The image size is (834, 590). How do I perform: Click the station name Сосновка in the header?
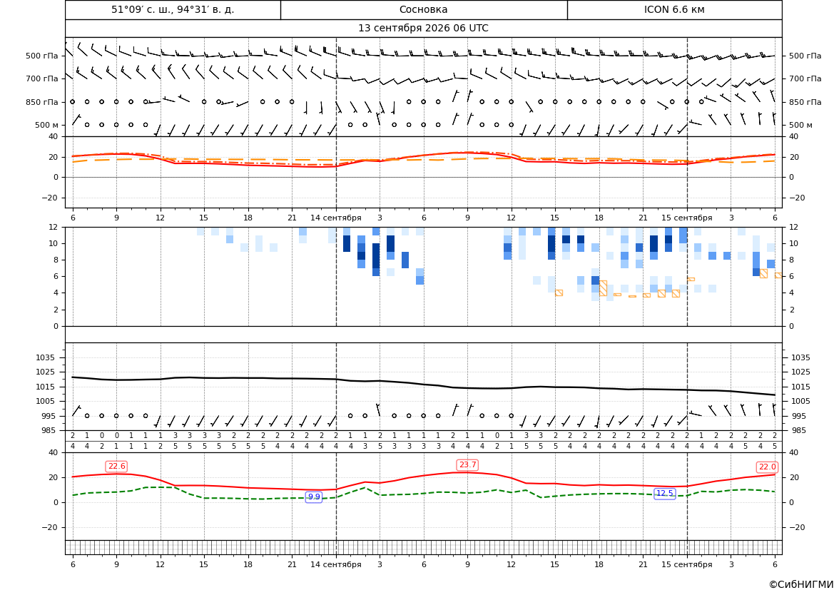pos(423,9)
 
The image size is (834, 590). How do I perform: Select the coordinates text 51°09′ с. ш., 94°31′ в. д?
pos(173,9)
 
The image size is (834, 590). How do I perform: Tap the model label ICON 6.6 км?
pos(674,9)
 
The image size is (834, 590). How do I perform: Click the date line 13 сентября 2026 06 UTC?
pos(423,29)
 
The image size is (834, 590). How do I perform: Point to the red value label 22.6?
pos(116,467)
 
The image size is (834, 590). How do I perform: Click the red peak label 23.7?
pos(467,465)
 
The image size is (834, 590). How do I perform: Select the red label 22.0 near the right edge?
pos(767,467)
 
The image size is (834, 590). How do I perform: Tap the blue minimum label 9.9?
pos(314,497)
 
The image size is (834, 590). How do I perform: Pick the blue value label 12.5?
pos(664,493)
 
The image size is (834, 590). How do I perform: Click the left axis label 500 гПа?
pos(41,56)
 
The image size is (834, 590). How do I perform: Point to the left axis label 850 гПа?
pos(41,102)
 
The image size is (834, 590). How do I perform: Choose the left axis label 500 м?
pos(46,125)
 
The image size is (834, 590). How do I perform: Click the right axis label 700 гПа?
pos(805,78)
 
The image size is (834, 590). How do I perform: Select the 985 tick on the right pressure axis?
pos(801,430)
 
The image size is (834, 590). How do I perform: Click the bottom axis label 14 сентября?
pos(335,564)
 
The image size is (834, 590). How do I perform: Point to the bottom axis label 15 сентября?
pos(686,564)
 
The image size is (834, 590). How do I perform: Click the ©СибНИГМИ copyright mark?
pos(801,584)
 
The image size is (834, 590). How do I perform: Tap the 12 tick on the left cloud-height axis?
pos(53,227)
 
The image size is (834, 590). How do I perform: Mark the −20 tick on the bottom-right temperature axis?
pos(800,527)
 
